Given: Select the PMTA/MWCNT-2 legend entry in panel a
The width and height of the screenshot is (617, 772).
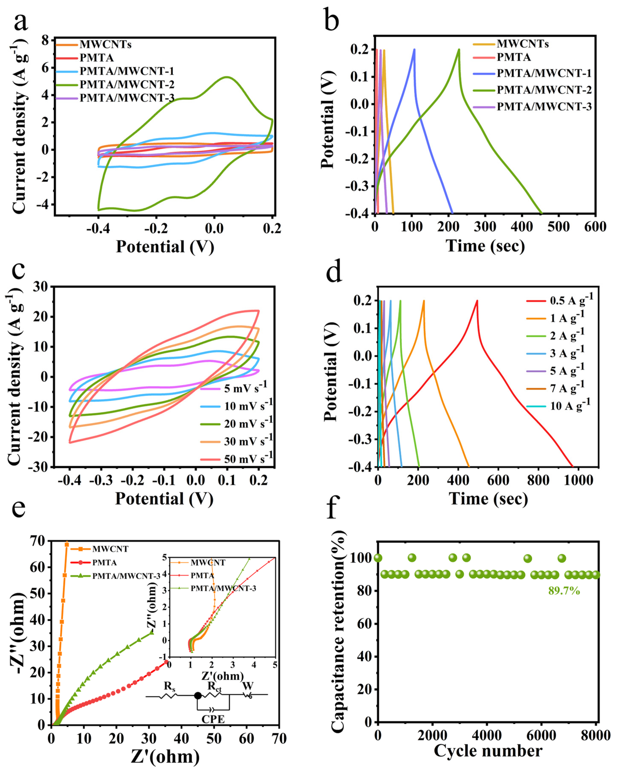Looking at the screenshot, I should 127,84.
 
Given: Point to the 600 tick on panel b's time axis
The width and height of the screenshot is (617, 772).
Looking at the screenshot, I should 595,227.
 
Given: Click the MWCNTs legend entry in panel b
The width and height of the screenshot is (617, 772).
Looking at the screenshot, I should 522,44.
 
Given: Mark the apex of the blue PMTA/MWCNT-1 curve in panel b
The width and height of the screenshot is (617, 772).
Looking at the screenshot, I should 414,49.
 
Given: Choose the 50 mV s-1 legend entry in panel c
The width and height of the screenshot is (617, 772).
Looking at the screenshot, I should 248,459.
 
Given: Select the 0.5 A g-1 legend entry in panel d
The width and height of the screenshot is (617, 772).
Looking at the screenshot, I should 571,300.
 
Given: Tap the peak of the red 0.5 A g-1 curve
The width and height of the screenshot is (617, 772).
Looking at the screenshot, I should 477,301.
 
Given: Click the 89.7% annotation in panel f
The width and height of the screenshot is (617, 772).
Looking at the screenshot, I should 564,591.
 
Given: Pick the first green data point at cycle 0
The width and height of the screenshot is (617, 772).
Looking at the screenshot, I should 378,558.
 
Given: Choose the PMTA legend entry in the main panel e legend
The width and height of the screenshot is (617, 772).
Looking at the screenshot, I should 104,563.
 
